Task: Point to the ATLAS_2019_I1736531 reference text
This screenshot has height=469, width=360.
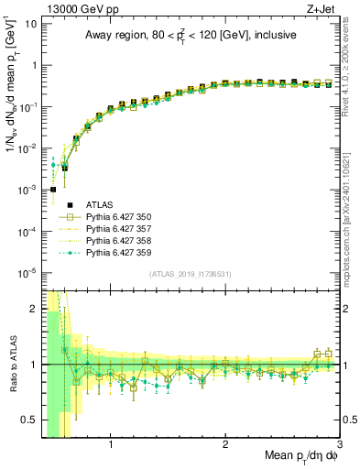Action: pyautogui.click(x=190, y=275)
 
